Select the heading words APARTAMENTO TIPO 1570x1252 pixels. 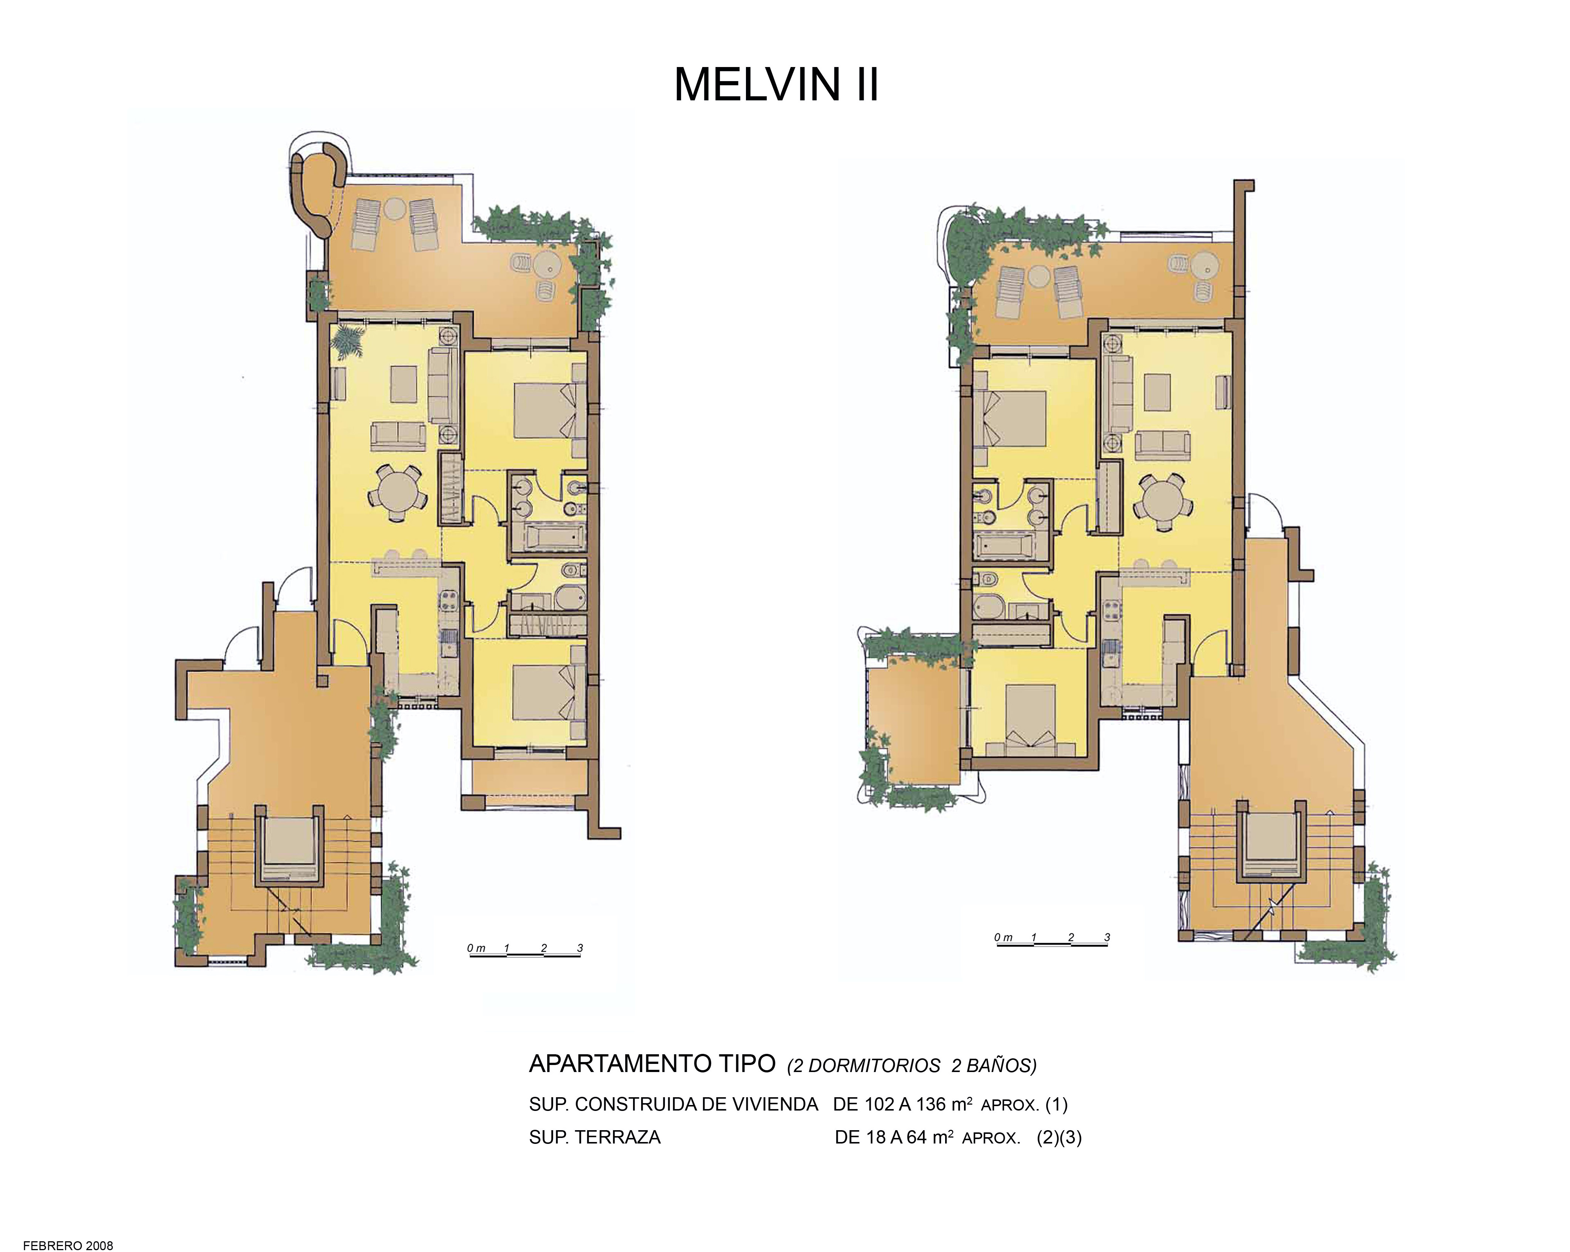pyautogui.click(x=652, y=1064)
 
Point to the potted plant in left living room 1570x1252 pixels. pyautogui.click(x=347, y=341)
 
